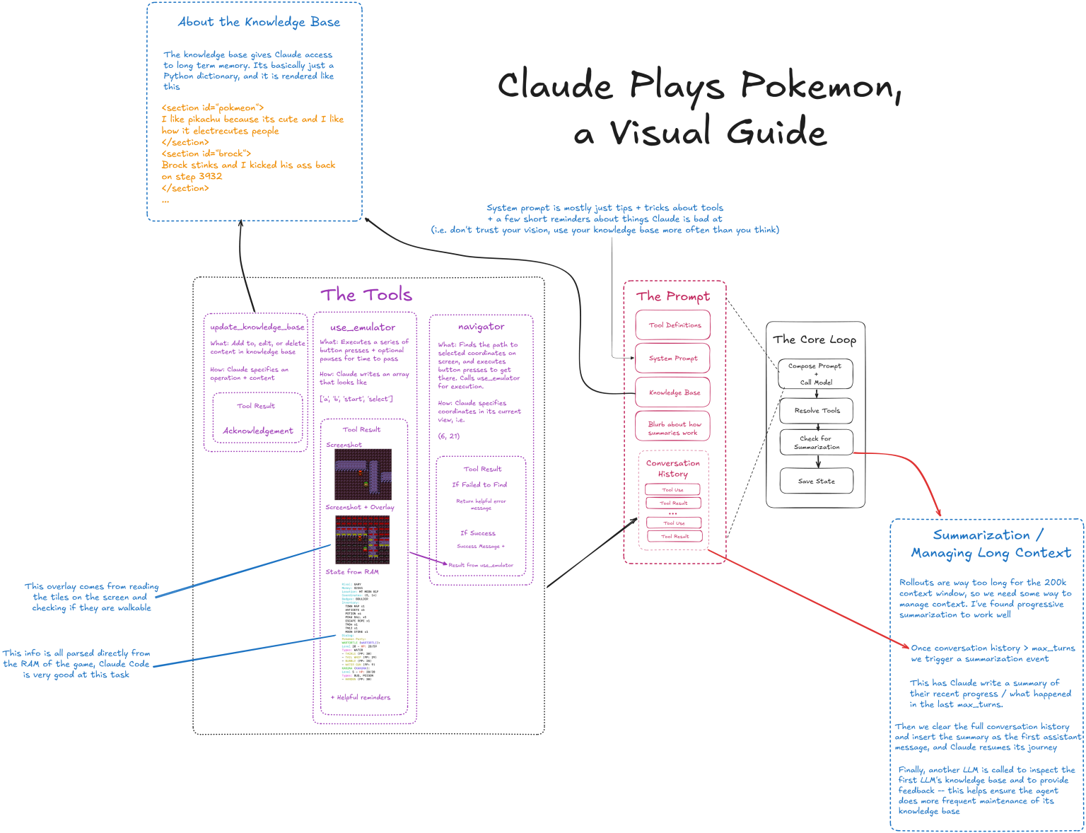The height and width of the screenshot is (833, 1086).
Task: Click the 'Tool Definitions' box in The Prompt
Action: [x=673, y=325]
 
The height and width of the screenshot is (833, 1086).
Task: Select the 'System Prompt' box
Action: [x=673, y=359]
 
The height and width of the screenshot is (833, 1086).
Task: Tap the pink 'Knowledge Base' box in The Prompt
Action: [x=673, y=392]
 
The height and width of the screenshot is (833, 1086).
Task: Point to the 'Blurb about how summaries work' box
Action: [x=673, y=428]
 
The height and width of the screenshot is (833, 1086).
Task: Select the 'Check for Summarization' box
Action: [x=816, y=443]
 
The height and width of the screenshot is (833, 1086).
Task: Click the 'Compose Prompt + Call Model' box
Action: [x=815, y=374]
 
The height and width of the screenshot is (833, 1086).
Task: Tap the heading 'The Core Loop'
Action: [x=814, y=339]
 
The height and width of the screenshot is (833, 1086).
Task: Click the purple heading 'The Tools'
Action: [x=366, y=294]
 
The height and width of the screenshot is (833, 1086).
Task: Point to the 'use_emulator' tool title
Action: [x=363, y=327]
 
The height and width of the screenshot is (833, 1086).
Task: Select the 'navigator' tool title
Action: [x=481, y=327]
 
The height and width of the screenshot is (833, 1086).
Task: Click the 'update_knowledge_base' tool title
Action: [x=257, y=327]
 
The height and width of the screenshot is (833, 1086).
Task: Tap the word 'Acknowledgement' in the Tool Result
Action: [x=257, y=431]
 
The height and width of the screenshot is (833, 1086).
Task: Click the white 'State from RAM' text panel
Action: [x=361, y=631]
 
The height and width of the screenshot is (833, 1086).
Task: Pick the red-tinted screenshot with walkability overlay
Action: [x=362, y=540]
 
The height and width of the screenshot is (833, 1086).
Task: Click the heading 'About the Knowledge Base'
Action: [x=259, y=22]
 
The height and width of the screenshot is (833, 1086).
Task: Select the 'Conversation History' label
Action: [x=673, y=468]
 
